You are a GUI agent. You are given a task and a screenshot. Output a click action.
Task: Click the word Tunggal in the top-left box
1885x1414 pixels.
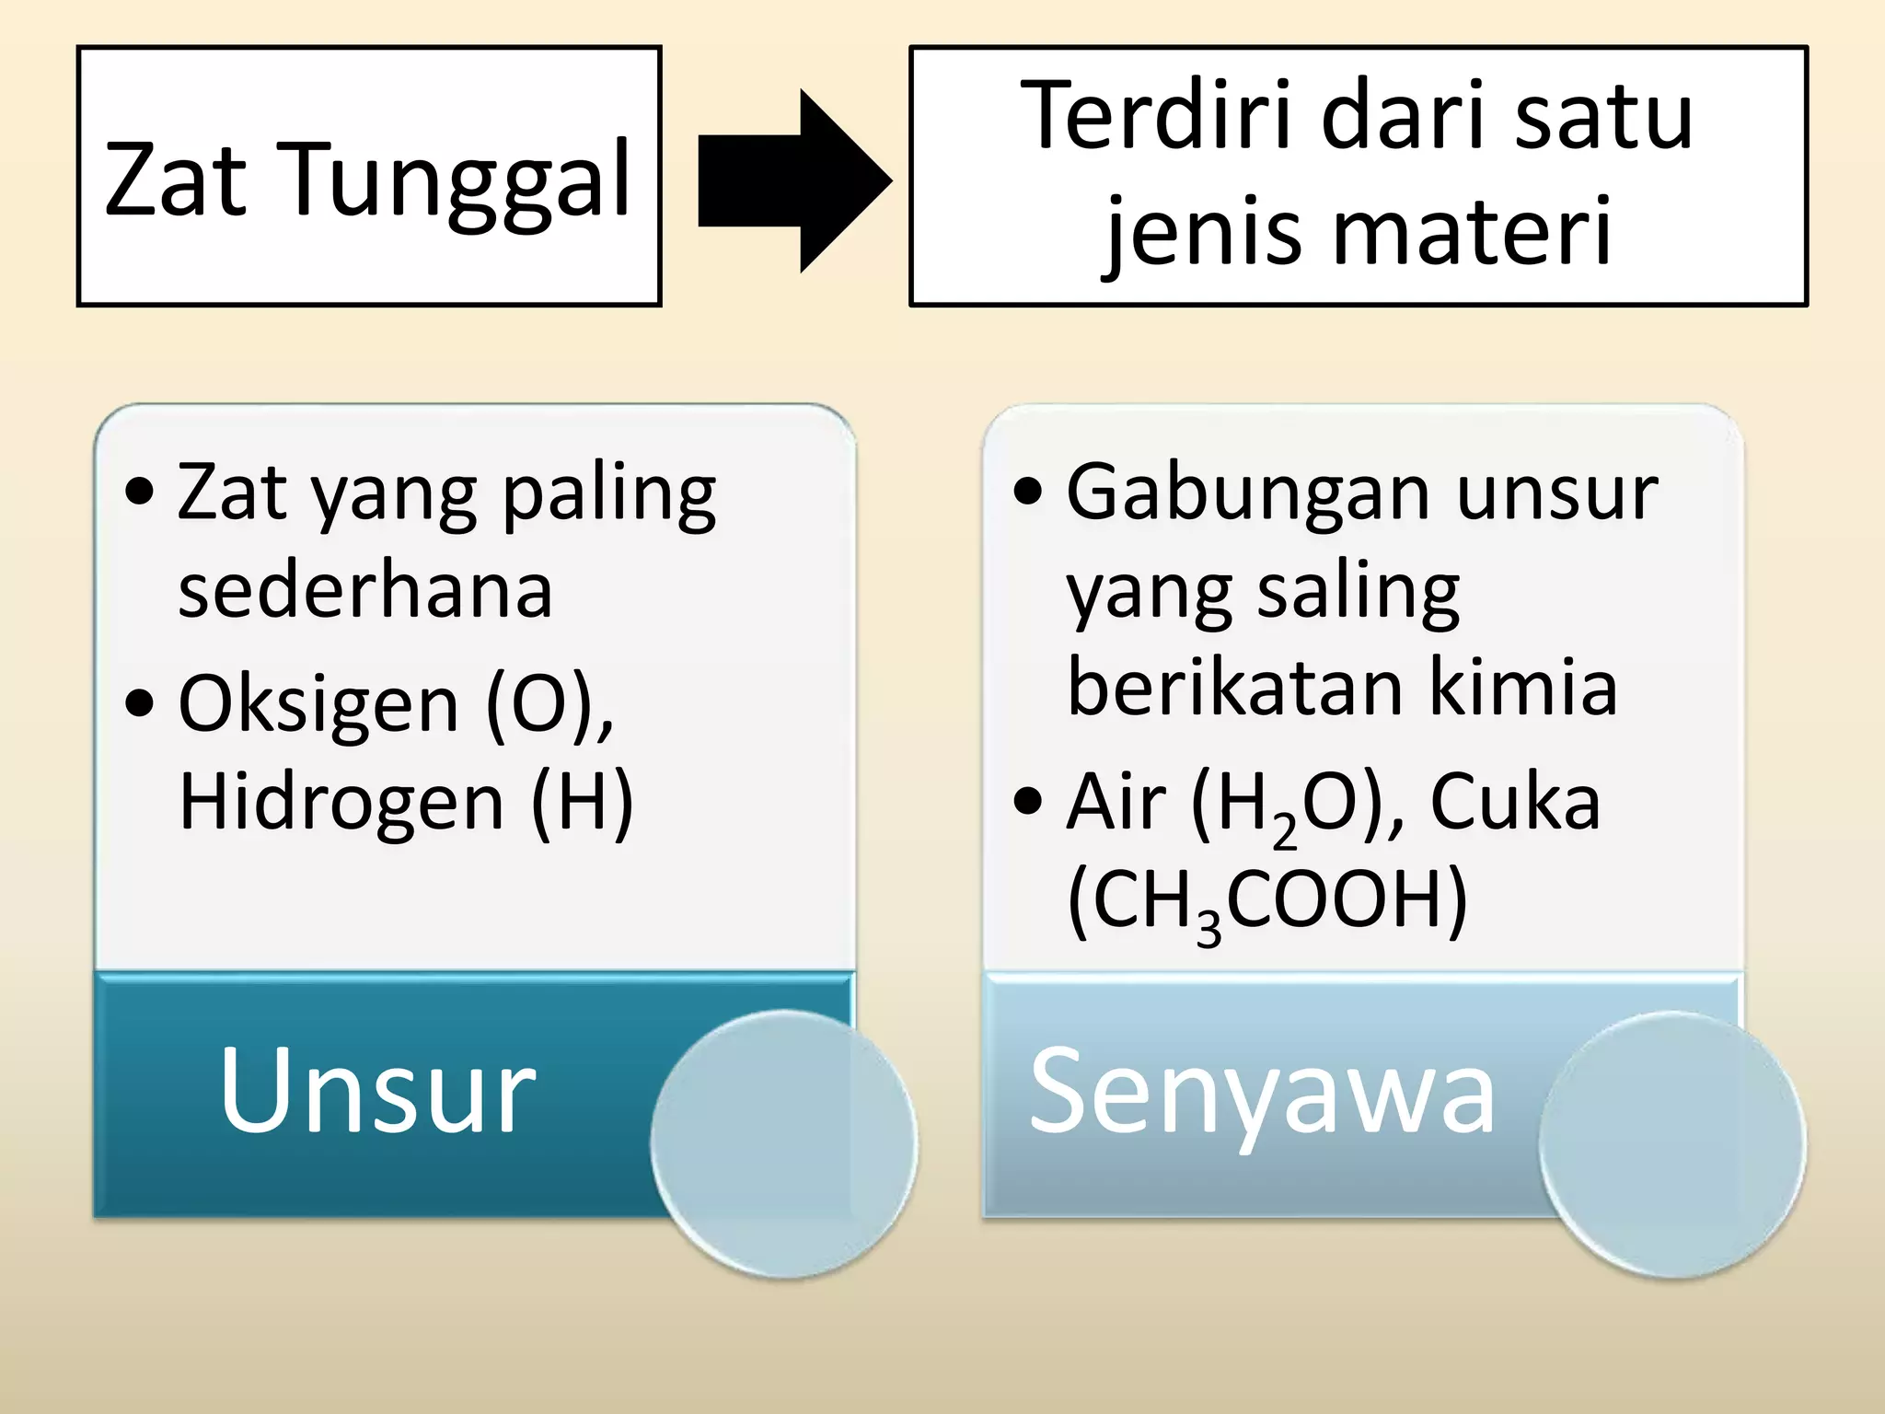[x=459, y=180]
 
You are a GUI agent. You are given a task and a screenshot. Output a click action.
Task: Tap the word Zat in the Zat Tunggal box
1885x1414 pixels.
[x=176, y=180]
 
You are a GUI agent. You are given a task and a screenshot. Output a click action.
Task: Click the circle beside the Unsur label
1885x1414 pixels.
[x=783, y=1143]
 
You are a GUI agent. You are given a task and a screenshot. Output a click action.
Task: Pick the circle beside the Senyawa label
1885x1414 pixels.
[x=1671, y=1143]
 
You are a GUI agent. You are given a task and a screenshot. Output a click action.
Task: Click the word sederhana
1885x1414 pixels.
[x=364, y=590]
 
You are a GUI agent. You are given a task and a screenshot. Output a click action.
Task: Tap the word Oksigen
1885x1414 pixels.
[x=318, y=704]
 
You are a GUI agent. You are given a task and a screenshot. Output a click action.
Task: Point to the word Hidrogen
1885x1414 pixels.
[x=341, y=801]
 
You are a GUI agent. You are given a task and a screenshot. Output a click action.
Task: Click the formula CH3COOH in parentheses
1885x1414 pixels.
[x=1266, y=901]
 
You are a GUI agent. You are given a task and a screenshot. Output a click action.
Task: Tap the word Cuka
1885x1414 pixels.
[x=1515, y=801]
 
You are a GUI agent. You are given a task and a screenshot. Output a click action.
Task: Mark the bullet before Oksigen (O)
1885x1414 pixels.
[x=139, y=704]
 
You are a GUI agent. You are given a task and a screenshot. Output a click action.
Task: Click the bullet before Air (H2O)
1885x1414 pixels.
[x=1028, y=801]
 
